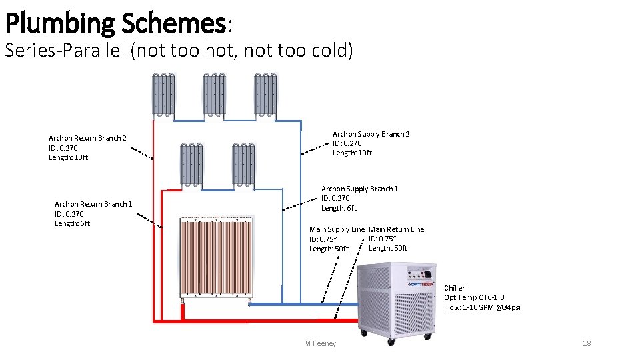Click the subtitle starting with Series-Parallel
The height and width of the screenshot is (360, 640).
[178, 51]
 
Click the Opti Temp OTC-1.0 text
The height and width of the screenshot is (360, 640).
[474, 297]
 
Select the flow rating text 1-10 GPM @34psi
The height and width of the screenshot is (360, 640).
[482, 307]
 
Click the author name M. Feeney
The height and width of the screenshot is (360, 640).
[320, 343]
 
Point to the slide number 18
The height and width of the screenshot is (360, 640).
[587, 343]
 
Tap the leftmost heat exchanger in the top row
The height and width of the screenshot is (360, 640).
[163, 95]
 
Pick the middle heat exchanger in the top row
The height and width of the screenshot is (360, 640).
[214, 95]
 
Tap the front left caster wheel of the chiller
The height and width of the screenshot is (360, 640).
[363, 331]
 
